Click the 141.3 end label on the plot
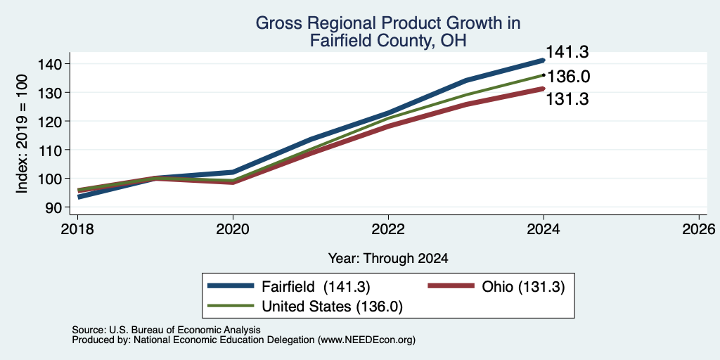point(567,52)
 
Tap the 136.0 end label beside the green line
point(568,76)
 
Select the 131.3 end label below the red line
point(567,98)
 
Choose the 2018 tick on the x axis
point(77,229)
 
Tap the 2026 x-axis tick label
point(699,229)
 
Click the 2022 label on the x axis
point(388,229)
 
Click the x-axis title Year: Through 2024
point(388,259)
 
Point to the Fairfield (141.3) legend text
point(316,287)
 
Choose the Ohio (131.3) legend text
point(523,287)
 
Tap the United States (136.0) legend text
point(332,307)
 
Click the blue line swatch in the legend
point(231,285)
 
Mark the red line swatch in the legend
point(451,285)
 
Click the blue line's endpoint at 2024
point(544,60)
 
